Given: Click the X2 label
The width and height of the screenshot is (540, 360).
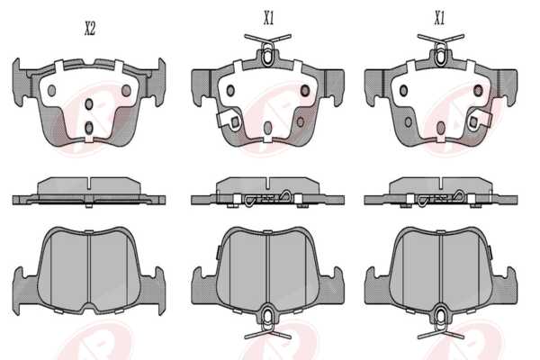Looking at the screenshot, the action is [x=89, y=29].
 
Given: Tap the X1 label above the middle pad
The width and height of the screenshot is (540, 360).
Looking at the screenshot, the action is [x=268, y=18].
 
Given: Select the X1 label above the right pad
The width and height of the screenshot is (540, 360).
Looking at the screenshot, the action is [x=439, y=18].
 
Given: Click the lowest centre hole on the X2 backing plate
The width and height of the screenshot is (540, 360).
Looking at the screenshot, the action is [x=89, y=128].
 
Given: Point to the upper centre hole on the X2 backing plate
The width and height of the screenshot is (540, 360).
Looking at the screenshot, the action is [x=89, y=104].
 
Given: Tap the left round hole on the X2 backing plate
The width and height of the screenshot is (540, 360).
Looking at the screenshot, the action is [x=51, y=90].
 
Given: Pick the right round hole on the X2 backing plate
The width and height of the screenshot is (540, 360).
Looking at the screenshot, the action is [x=126, y=90].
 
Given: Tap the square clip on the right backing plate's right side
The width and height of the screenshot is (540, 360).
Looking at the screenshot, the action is [x=479, y=119].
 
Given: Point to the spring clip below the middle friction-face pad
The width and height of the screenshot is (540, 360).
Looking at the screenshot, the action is [x=267, y=322].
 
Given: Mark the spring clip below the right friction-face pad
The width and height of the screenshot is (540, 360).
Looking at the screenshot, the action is [x=441, y=322].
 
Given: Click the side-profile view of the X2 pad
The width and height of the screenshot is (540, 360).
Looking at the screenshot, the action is [x=89, y=192].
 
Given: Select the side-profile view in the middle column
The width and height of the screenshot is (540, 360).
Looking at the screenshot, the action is [x=267, y=192].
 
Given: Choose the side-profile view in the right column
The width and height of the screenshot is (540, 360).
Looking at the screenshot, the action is [x=441, y=192].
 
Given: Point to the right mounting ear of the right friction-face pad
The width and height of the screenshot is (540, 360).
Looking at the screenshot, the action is [x=505, y=286].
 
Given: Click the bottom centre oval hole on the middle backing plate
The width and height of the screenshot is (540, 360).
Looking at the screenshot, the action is [x=267, y=128].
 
